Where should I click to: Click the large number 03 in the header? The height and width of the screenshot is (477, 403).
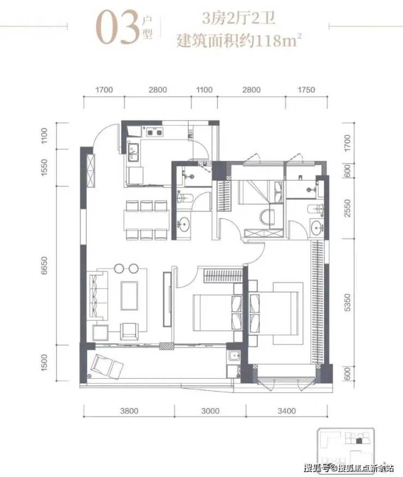[118, 27]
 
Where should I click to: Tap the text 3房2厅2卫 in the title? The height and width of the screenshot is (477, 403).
[239, 19]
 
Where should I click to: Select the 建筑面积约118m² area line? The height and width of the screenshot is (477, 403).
[239, 40]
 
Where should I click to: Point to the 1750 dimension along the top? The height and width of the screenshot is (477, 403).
[306, 90]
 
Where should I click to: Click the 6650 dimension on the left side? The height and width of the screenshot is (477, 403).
[44, 265]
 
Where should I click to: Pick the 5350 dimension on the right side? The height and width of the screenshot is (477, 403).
[347, 303]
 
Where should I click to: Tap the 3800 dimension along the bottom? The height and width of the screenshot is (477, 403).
[129, 411]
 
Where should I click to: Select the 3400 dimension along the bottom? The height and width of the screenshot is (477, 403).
[286, 411]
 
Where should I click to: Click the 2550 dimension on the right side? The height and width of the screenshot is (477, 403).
[347, 208]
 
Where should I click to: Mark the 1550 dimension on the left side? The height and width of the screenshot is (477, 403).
[44, 167]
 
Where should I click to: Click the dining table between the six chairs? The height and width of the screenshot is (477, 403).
[146, 220]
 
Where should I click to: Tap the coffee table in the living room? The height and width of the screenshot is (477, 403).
[129, 295]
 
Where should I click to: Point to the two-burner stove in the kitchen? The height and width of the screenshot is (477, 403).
[154, 132]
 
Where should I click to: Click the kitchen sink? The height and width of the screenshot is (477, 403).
[133, 152]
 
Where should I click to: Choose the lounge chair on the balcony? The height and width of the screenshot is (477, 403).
[106, 366]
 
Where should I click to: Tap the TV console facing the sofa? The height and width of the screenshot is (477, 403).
[167, 299]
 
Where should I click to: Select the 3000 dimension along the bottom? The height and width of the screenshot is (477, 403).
[210, 411]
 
